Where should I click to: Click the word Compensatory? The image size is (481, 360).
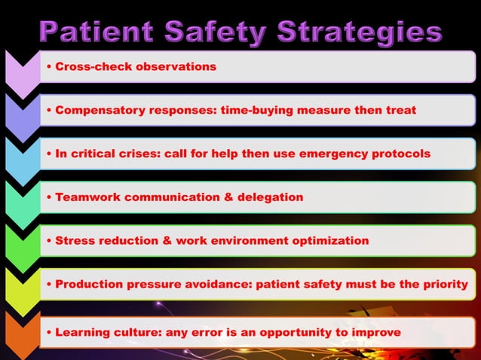(x=98, y=110)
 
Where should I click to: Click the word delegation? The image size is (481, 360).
(x=265, y=197)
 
